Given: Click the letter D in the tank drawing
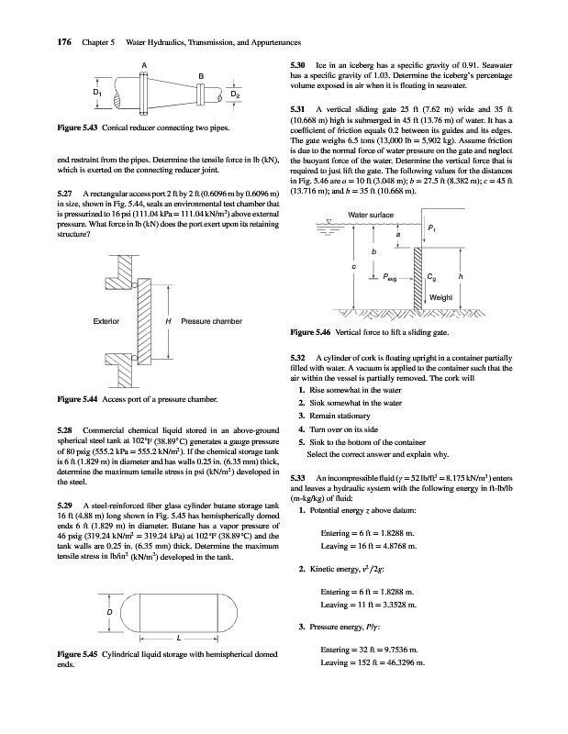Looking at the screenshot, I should [110, 610].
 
